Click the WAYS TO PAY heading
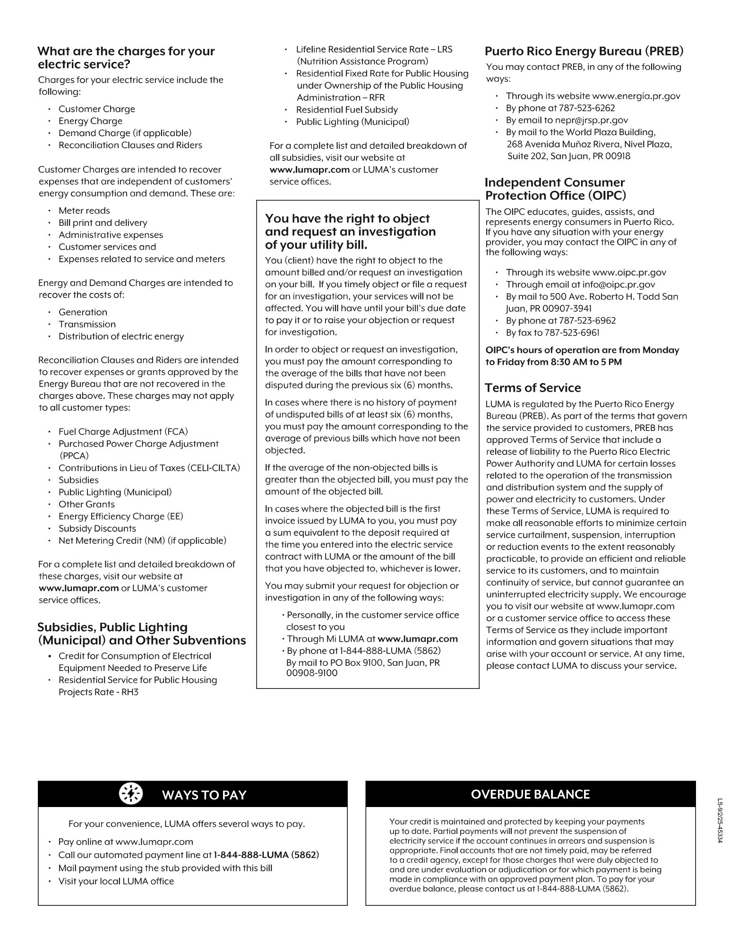(x=204, y=795)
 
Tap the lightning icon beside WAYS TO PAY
(x=131, y=794)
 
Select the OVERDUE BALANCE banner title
(x=530, y=794)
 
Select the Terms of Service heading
(x=532, y=388)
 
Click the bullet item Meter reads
(x=84, y=211)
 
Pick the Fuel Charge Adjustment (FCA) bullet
(x=123, y=432)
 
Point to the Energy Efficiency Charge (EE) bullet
(x=120, y=516)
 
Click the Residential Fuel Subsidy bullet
(x=347, y=110)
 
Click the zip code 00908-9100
(x=312, y=673)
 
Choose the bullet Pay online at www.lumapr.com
(x=126, y=842)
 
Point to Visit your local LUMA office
(x=116, y=881)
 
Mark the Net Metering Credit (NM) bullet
(x=142, y=541)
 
